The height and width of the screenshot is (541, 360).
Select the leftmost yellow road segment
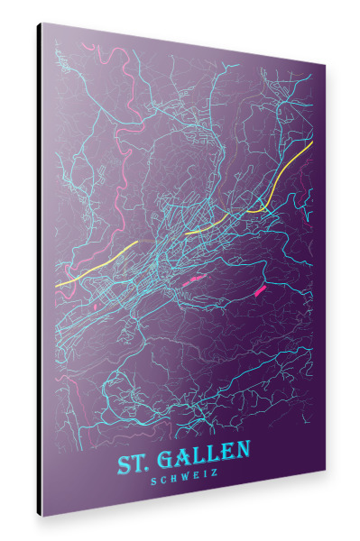95,265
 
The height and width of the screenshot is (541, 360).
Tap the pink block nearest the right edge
262,289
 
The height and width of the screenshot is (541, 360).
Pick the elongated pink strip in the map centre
191,280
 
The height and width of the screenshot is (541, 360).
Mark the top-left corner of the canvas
42,23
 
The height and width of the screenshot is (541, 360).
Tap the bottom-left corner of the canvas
42,516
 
